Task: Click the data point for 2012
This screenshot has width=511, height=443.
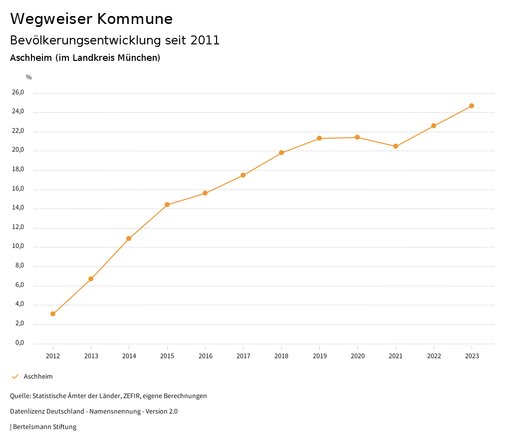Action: tap(53, 314)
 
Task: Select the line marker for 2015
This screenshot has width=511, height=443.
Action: tap(167, 205)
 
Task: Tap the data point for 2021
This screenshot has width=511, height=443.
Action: tap(396, 146)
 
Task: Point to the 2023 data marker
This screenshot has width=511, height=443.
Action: tap(472, 106)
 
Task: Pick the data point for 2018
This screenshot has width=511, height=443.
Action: tap(281, 153)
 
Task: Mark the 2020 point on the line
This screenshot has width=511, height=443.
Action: tap(357, 137)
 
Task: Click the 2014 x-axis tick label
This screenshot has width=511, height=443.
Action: tap(129, 356)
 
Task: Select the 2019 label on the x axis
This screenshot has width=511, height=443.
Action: tap(319, 356)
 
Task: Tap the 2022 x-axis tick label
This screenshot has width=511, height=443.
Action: tap(434, 356)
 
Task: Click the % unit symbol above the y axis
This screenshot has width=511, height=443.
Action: tap(29, 77)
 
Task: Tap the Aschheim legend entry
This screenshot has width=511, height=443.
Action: tap(38, 377)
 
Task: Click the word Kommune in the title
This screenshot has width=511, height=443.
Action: tap(135, 19)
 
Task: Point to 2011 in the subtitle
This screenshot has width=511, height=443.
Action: tap(205, 40)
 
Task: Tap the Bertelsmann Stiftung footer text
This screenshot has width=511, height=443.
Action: tap(44, 427)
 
